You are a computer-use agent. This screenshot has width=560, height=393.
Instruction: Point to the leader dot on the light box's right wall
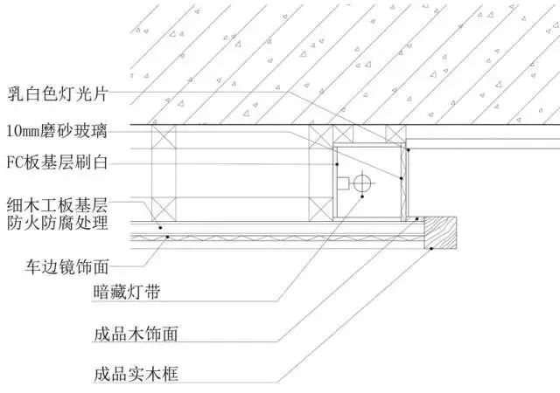click(x=401, y=178)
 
